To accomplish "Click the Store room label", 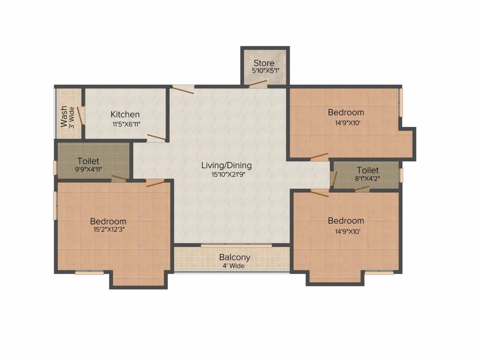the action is coord(264,63).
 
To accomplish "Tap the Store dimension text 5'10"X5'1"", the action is coord(265,71).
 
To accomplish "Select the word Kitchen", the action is coord(125,114).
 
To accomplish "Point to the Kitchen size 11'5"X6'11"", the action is coord(126,124).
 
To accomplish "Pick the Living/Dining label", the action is coord(226,165).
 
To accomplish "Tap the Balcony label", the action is coord(235,257).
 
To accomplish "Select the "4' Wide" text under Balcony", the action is coord(233,266).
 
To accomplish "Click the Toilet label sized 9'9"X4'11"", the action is coord(88,161).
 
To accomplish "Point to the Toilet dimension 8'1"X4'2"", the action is coord(367,179).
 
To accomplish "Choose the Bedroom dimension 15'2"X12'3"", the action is coord(109,230).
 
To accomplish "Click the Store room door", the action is coord(257,83).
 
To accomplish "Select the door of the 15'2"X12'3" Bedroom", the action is coord(156,183).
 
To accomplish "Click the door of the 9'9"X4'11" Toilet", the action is coord(119,178).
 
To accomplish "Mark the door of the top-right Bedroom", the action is coord(319,157).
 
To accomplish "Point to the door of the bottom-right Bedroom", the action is coord(320,193).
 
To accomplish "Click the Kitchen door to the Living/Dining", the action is coord(157,137).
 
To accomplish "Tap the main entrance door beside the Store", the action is coord(182,90).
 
